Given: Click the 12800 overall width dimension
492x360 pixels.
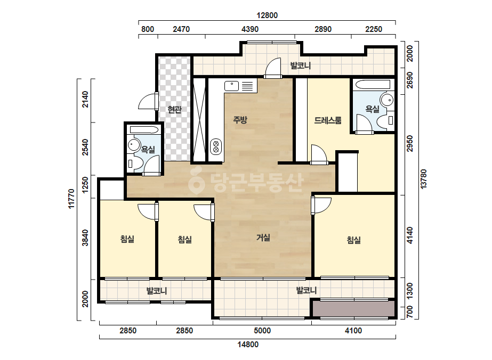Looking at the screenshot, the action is click(267, 15).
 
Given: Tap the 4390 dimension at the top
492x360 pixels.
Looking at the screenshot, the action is click(250, 29).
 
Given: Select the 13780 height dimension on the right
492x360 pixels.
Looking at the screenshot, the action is click(424, 179).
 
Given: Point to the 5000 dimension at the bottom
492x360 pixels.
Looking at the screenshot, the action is click(262, 331).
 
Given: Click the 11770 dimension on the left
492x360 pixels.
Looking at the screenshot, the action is click(72, 199).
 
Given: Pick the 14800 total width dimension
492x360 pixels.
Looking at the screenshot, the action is click(248, 345).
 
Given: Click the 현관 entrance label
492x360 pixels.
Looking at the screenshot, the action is click(174, 110).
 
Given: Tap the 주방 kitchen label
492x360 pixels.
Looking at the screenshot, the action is click(240, 119).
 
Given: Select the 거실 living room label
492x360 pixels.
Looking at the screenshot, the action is click(263, 238).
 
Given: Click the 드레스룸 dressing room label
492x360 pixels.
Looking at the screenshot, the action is click(328, 120).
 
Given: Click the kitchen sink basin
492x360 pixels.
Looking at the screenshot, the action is click(232, 86).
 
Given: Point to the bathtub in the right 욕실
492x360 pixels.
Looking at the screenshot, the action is click(372, 84).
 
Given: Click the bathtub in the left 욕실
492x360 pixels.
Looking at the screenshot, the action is click(144, 130).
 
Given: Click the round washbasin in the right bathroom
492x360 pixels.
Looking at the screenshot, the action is click(387, 100).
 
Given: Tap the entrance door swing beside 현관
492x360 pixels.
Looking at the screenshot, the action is click(148, 101).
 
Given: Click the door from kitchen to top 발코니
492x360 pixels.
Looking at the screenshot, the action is click(273, 68).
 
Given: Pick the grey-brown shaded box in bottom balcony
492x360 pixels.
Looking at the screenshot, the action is click(353, 309).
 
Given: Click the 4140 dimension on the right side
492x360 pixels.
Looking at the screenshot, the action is click(410, 235).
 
